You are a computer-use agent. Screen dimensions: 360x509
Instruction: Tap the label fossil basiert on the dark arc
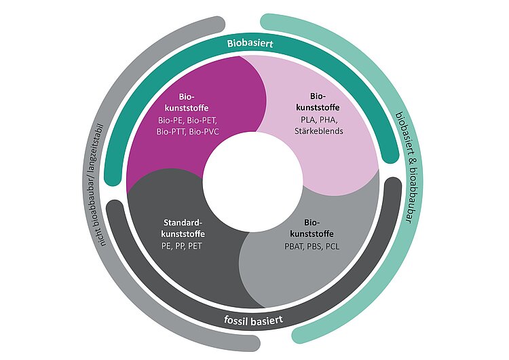click(252, 320)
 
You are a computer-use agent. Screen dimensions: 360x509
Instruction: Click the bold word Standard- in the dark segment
click(185, 222)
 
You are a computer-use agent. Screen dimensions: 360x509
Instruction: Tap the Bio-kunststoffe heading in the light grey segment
click(312, 228)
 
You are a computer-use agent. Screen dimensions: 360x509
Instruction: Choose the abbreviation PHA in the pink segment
click(332, 120)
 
